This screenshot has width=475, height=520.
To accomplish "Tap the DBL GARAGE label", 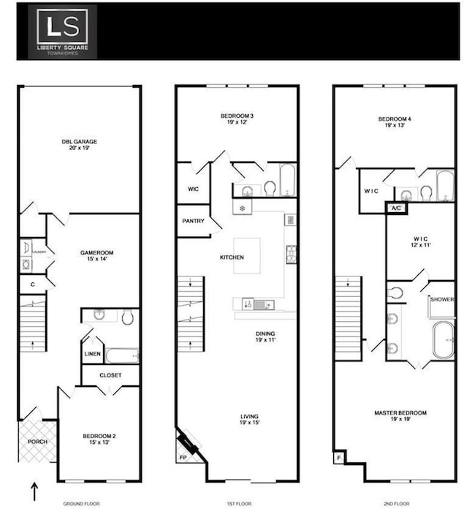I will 79,142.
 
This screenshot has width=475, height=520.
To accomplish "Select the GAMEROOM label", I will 96,252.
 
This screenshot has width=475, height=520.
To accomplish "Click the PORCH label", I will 37,442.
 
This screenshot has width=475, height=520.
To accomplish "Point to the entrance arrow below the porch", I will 34,489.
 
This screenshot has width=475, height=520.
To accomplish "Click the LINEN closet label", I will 92,354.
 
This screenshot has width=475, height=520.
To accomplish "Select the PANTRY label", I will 192,220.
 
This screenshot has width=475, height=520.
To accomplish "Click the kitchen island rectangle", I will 247,256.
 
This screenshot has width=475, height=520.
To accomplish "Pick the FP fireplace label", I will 183,459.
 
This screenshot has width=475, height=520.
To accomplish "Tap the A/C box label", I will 396,208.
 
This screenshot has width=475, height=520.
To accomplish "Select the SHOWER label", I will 441,299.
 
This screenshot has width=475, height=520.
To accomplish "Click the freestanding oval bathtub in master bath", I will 443,342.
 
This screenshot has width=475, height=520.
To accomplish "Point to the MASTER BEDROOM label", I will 400,413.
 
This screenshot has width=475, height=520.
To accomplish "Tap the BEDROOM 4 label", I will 395,118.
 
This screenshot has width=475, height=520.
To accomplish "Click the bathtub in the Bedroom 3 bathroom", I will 287,180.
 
